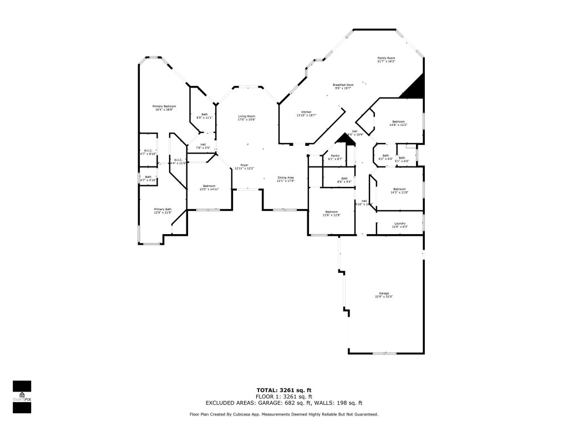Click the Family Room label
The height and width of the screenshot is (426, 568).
click(x=386, y=58)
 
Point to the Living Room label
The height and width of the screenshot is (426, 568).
click(x=247, y=117)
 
